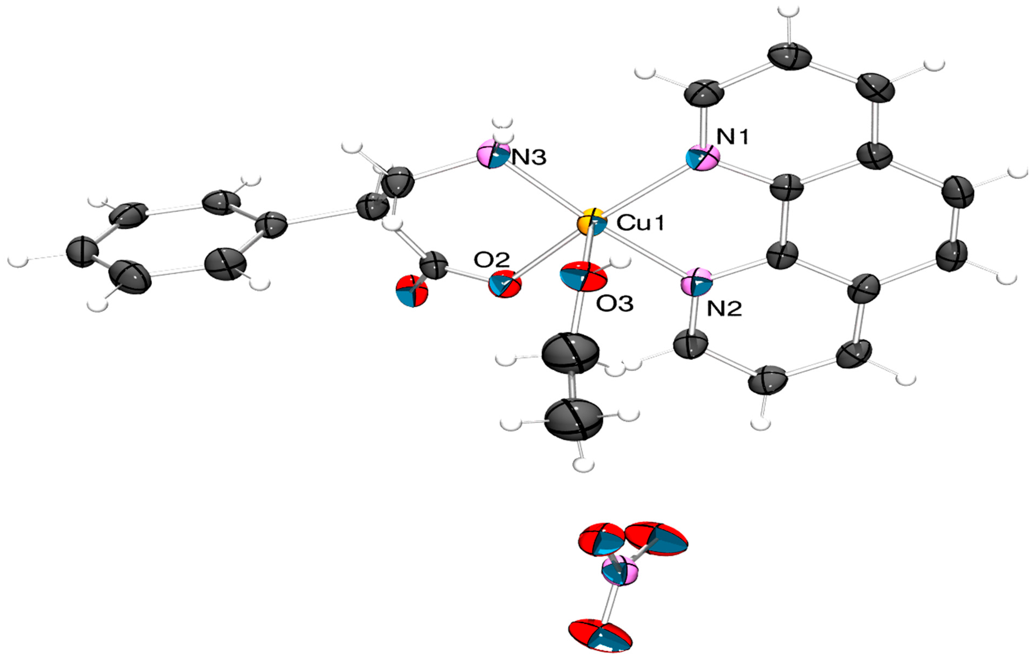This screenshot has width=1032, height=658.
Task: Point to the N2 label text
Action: [724, 308]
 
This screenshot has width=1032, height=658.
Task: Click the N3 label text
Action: [529, 158]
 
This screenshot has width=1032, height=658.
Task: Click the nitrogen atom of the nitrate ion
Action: [619, 571]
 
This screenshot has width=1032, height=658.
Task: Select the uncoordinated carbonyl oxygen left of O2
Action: [412, 291]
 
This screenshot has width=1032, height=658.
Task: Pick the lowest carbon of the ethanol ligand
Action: [574, 420]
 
